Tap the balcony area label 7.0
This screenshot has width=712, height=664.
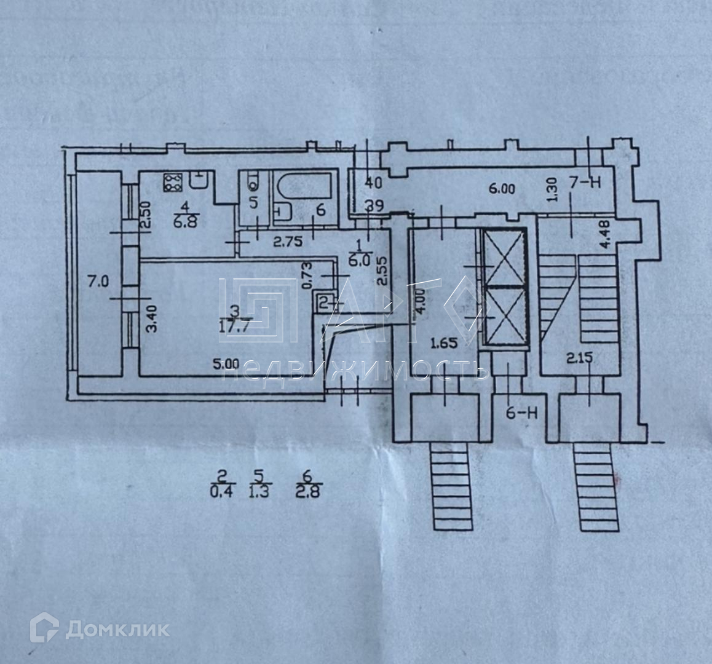98,282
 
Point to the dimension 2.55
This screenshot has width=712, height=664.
381,269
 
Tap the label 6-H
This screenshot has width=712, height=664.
521,413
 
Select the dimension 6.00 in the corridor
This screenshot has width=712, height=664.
502,189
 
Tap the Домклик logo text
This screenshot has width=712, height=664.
117,629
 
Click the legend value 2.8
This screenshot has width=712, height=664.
307,491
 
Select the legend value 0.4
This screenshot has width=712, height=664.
223,491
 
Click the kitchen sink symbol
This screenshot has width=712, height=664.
199,180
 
